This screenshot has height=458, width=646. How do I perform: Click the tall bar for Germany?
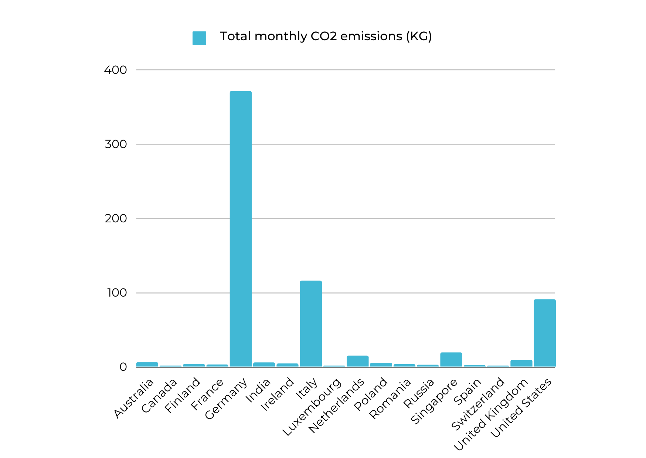click(x=241, y=229)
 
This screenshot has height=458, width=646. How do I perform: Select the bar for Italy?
click(x=310, y=324)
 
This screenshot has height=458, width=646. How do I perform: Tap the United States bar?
click(x=544, y=333)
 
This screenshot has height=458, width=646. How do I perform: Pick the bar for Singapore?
click(x=451, y=360)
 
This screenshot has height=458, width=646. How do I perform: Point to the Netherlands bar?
click(x=357, y=361)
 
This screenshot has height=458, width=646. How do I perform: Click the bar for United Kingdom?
click(x=521, y=363)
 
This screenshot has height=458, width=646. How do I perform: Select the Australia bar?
click(x=147, y=365)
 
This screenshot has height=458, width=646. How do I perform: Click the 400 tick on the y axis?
click(x=115, y=70)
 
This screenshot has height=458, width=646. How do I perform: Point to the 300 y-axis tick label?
click(x=116, y=144)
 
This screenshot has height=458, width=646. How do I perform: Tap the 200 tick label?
click(x=116, y=219)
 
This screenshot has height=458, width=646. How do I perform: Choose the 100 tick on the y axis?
click(x=117, y=293)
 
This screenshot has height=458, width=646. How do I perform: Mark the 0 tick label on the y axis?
click(x=123, y=367)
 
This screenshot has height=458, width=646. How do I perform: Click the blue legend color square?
click(x=199, y=38)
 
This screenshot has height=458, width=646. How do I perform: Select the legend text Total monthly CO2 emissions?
click(x=326, y=36)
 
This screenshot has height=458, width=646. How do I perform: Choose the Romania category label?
click(x=390, y=399)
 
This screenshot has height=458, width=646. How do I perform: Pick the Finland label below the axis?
click(x=183, y=395)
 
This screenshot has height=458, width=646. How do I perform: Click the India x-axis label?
click(x=258, y=390)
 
